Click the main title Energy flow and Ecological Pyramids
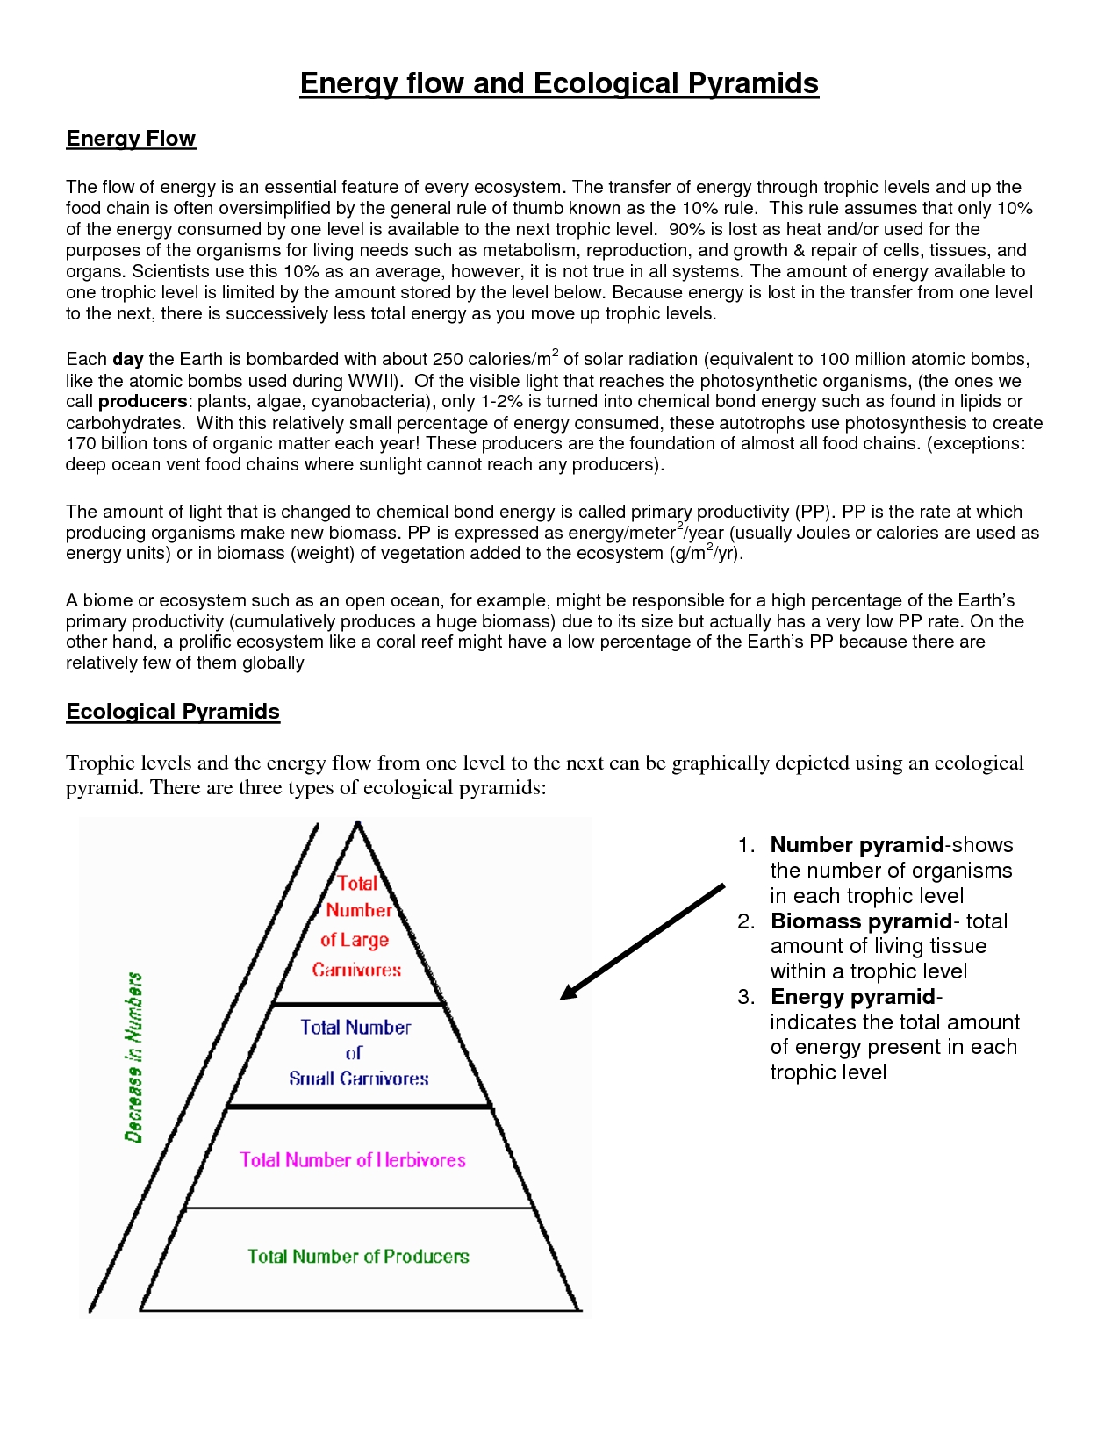click(x=559, y=83)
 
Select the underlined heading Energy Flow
click(x=131, y=139)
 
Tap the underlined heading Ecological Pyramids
click(x=173, y=712)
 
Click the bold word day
click(x=128, y=359)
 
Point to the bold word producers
click(x=142, y=401)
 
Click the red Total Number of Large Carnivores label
click(x=357, y=926)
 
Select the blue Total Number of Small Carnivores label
click(x=357, y=1052)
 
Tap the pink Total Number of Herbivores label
click(x=353, y=1159)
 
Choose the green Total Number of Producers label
click(x=358, y=1256)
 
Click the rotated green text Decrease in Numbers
click(x=133, y=1057)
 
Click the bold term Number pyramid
click(x=857, y=845)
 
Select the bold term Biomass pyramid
click(x=861, y=921)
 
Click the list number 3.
click(x=746, y=997)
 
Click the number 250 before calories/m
click(x=448, y=359)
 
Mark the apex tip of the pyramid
click(x=357, y=822)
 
